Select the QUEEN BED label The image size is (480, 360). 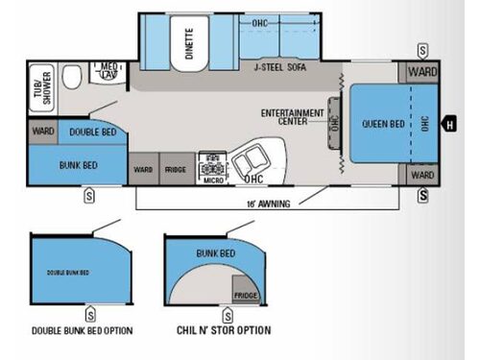(x=382, y=124)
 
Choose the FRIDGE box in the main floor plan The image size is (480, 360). (x=175, y=168)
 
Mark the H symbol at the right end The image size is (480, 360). (x=447, y=124)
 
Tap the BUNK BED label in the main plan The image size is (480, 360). (x=68, y=162)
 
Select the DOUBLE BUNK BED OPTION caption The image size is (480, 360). (x=83, y=331)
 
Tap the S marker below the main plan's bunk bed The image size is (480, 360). (x=88, y=196)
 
